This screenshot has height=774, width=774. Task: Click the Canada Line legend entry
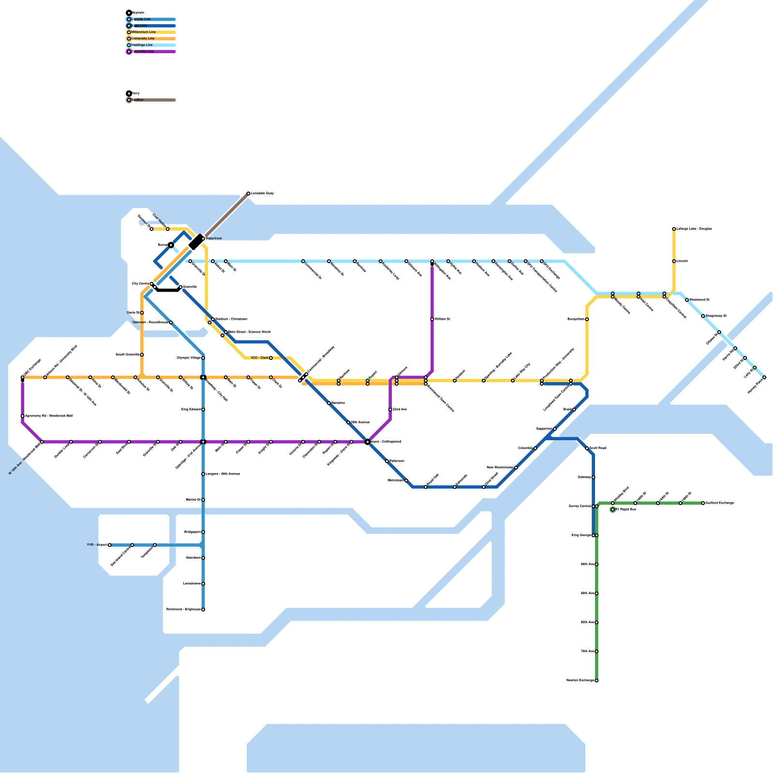[141, 19]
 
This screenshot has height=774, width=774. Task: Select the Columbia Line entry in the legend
[143, 51]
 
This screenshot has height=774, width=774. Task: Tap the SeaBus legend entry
[138, 100]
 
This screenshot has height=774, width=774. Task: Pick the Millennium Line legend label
[144, 32]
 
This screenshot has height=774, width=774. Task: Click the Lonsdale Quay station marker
[248, 193]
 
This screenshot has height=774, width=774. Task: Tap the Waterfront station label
[214, 238]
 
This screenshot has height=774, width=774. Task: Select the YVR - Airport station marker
[110, 545]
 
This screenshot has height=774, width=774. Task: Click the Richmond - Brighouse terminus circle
[203, 610]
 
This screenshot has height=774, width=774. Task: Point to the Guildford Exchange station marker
[703, 503]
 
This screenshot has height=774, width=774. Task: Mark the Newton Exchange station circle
[596, 681]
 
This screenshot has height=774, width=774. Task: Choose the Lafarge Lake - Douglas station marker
[674, 229]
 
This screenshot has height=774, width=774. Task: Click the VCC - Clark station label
[260, 358]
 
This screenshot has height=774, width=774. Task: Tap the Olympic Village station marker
[203, 358]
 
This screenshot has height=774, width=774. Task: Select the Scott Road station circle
[587, 448]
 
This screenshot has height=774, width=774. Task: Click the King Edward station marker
[203, 410]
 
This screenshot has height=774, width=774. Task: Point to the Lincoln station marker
[674, 261]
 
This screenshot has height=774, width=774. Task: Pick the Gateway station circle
[594, 477]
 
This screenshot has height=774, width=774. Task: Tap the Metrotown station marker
[406, 480]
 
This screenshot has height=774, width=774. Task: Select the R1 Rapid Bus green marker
[613, 509]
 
